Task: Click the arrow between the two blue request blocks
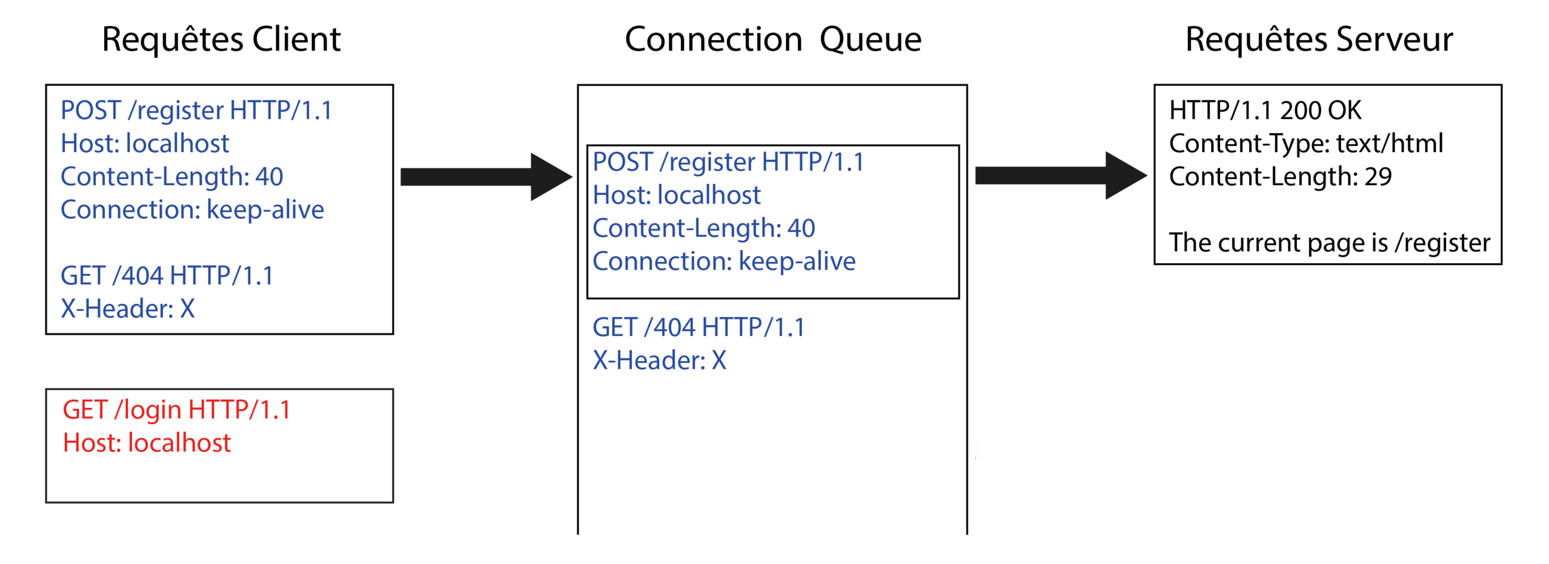pos(486,177)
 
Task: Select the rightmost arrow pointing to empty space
pos(1061,176)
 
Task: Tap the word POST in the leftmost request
pos(90,111)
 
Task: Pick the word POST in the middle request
pos(623,163)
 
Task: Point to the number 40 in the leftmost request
pos(269,178)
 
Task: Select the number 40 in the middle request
pos(801,229)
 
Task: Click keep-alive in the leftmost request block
pos(265,210)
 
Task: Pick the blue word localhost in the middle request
pos(709,196)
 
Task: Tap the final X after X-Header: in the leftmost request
pos(187,309)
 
